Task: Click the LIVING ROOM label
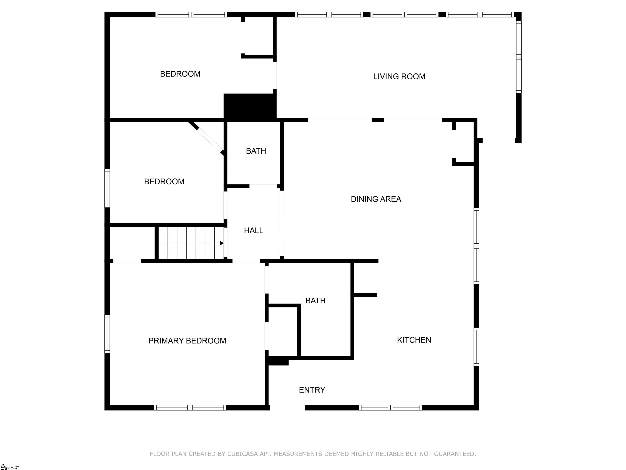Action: pos(399,76)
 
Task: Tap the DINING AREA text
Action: pos(376,199)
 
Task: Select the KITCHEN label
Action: pos(414,340)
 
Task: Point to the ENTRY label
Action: pos(312,390)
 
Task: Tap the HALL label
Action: pos(253,231)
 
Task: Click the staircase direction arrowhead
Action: pos(222,243)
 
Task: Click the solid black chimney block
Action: pos(250,106)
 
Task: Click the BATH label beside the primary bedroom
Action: pos(315,301)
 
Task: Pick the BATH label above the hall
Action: pos(256,151)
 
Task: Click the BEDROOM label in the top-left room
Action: pos(180,74)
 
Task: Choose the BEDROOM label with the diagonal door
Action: pos(164,182)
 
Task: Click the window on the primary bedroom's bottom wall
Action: pos(190,408)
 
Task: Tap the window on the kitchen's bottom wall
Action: pos(391,408)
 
